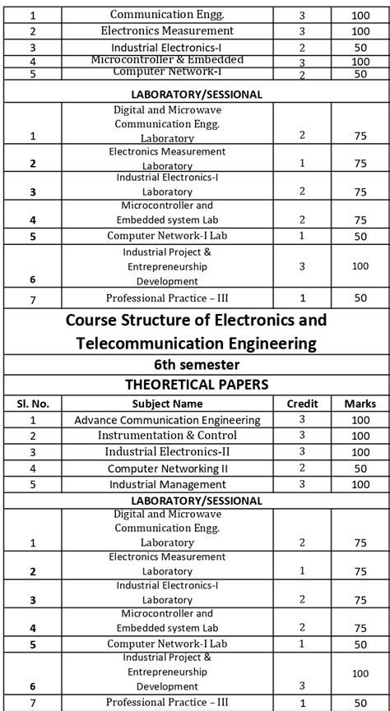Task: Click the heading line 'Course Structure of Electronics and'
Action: (x=195, y=320)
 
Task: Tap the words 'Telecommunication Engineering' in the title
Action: (x=195, y=343)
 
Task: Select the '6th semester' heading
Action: (x=195, y=364)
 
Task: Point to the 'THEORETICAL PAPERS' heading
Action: (x=195, y=384)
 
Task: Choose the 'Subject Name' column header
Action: (x=167, y=404)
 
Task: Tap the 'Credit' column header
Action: (x=302, y=404)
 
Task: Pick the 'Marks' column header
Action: (x=360, y=404)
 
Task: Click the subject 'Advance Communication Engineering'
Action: (x=167, y=420)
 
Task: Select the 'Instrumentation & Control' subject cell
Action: (x=167, y=436)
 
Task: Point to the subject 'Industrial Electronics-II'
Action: (x=167, y=452)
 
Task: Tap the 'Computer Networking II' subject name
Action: (x=167, y=469)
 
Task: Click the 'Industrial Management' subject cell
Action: (x=167, y=485)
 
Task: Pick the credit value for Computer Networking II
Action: (x=302, y=468)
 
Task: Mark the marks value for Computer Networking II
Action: (x=360, y=469)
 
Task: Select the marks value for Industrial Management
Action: (x=360, y=485)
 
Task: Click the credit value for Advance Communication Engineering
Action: (x=302, y=419)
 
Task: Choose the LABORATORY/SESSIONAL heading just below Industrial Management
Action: (x=195, y=501)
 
